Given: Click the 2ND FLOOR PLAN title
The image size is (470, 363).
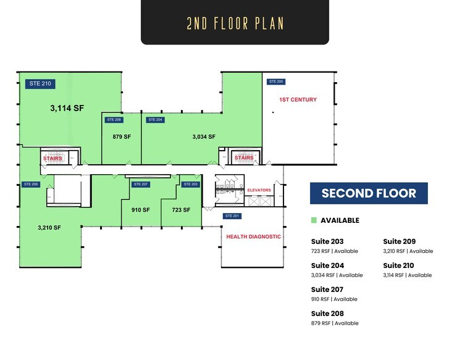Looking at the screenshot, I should click(235, 23).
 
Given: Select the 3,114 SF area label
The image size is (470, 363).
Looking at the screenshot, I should click(67, 108).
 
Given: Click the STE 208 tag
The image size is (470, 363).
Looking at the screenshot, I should click(114, 120).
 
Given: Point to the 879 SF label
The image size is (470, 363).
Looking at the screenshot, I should click(121, 136).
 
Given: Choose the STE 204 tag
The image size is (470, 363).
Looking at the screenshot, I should click(154, 120).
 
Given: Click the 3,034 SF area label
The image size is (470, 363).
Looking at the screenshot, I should click(204, 136).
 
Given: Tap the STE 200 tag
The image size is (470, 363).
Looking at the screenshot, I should click(275, 81).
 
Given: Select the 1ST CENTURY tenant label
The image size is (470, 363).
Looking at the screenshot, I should click(298, 99).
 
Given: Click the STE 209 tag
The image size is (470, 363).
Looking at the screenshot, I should click(31, 184).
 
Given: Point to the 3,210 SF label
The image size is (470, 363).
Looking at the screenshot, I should click(49, 227).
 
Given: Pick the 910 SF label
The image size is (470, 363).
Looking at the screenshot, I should click(141, 210).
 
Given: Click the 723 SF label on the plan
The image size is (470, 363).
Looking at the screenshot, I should click(181, 210).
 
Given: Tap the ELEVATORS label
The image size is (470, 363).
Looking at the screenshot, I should click(259, 190).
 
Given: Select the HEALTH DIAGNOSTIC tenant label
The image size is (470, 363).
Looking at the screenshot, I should click(253, 236).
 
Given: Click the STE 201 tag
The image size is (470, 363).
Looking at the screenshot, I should click(232, 215).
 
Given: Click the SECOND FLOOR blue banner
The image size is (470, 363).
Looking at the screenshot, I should click(369, 193).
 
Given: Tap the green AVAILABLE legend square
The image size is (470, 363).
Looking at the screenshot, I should click(314, 220).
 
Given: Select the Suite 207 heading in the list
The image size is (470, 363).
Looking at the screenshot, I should click(327, 289).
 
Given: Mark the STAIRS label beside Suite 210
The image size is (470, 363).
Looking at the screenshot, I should click(52, 158).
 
